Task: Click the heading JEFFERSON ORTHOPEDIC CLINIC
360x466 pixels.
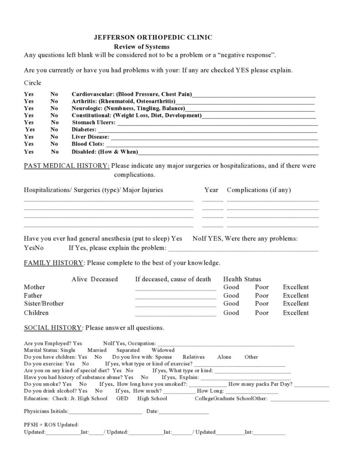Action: (153, 38)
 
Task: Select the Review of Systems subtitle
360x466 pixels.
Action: (142, 47)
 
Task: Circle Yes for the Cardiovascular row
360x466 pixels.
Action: (29, 94)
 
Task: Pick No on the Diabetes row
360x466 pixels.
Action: (54, 129)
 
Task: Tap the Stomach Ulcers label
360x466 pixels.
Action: (93, 122)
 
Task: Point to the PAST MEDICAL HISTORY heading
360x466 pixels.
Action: (67, 166)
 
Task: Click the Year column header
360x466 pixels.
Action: (211, 190)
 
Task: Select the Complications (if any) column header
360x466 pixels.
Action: (259, 190)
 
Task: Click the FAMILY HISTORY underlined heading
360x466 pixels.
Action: (54, 263)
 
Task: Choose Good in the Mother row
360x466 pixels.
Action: (231, 287)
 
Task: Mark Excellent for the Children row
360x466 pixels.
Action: (296, 313)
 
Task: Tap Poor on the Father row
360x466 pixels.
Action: (262, 295)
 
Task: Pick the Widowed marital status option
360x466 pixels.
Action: (163, 350)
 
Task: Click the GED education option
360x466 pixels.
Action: (122, 399)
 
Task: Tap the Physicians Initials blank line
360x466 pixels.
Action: (105, 412)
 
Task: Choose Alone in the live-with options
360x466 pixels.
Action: (224, 357)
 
